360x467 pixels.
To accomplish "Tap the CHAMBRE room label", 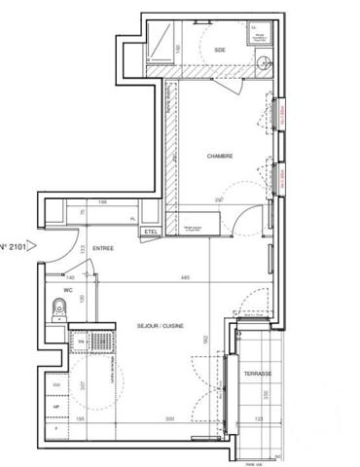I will (x=220, y=156).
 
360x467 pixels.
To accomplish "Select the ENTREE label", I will (x=104, y=249).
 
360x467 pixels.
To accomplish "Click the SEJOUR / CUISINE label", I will (x=162, y=327).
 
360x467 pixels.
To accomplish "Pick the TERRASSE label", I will (x=257, y=374).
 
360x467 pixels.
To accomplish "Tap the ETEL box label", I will (x=151, y=232).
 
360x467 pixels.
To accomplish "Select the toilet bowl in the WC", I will (x=58, y=310).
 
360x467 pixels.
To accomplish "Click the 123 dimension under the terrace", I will (x=258, y=419).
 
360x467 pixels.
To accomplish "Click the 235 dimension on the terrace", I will (x=266, y=393).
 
